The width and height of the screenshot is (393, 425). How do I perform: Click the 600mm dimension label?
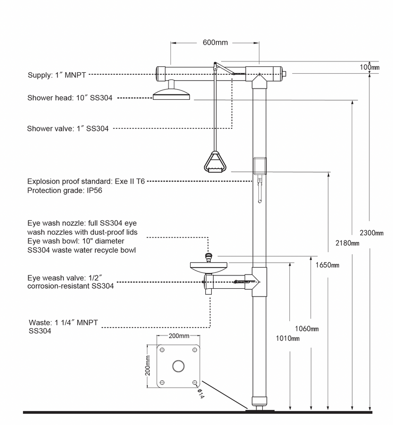tap(215, 42)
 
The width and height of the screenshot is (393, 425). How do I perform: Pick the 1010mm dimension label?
tap(287, 338)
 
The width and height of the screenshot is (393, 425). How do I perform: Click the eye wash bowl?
tap(208, 267)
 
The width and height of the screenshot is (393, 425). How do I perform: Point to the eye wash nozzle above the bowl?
tap(208, 256)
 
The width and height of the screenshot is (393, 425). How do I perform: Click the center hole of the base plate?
tap(178, 366)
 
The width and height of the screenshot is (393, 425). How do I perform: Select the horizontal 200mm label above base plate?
tap(178, 336)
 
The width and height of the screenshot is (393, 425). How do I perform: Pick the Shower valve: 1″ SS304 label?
tap(68, 129)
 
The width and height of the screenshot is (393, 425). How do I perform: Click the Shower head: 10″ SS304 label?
tap(70, 98)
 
